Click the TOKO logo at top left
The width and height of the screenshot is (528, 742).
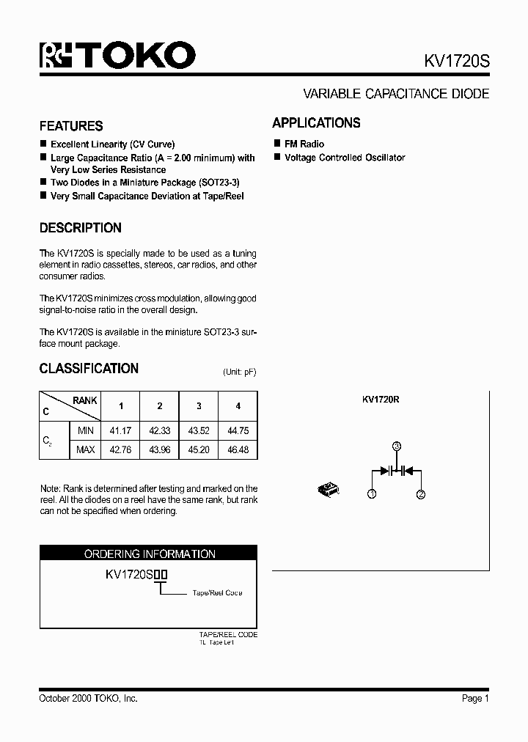tap(117, 55)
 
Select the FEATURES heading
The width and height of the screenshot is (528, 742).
tap(71, 125)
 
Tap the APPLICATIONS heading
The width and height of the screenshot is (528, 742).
tap(316, 123)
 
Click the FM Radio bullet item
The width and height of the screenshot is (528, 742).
tap(304, 144)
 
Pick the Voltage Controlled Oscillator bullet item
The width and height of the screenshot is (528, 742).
tap(344, 158)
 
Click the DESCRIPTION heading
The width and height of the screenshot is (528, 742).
tap(80, 228)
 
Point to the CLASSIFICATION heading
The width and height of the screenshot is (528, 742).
tap(89, 369)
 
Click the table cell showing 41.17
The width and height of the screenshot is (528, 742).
tap(121, 431)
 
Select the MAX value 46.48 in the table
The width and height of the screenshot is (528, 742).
tap(238, 449)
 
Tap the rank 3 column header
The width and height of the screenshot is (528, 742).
tap(199, 406)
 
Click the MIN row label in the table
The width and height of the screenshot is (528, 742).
tap(86, 431)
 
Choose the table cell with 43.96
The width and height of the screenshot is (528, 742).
tap(160, 449)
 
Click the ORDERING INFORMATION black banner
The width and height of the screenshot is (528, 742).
tap(149, 554)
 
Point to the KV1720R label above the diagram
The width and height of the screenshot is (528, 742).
tap(380, 400)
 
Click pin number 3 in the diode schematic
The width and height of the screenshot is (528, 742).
tap(396, 447)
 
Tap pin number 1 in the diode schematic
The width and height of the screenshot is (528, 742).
tap(372, 495)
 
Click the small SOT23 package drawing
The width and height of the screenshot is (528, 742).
tap(326, 487)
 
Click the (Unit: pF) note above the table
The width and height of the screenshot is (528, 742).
tap(239, 372)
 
